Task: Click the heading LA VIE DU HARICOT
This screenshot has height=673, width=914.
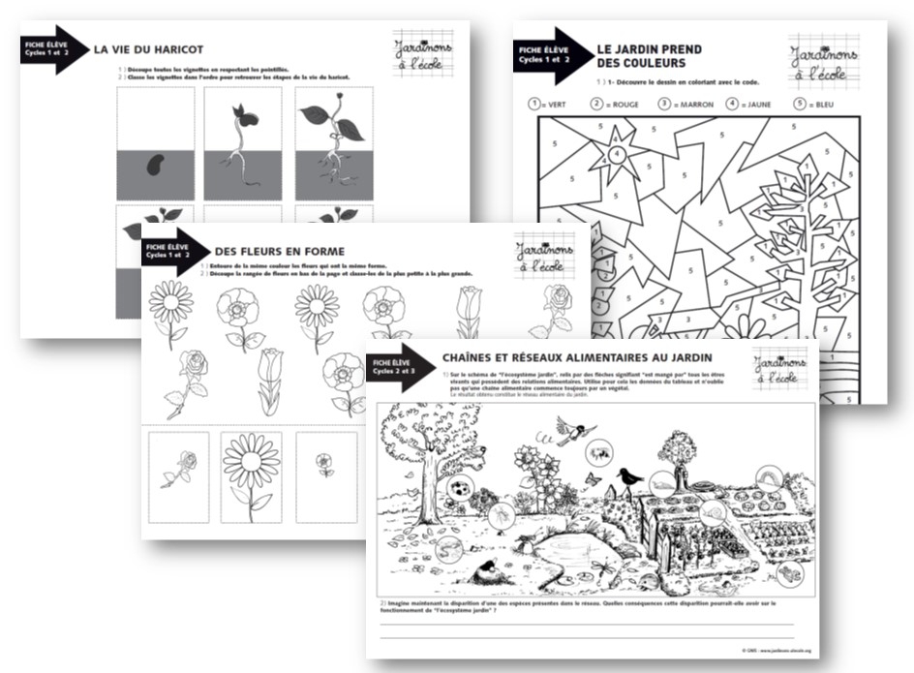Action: tap(148, 49)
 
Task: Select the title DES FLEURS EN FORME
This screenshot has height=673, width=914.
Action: tap(279, 251)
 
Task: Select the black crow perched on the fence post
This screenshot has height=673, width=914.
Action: tap(630, 475)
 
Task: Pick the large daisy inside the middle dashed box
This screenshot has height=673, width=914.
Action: tap(252, 469)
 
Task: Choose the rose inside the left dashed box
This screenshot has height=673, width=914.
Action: tap(180, 467)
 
